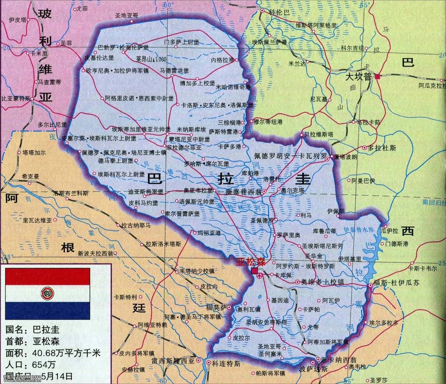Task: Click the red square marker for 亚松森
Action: [x=254, y=271]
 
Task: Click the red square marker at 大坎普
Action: [x=377, y=77]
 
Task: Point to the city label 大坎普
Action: [x=358, y=77]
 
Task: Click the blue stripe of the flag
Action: [x=47, y=310]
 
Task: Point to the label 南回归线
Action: [x=433, y=203]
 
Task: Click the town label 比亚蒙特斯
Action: [x=16, y=99]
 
